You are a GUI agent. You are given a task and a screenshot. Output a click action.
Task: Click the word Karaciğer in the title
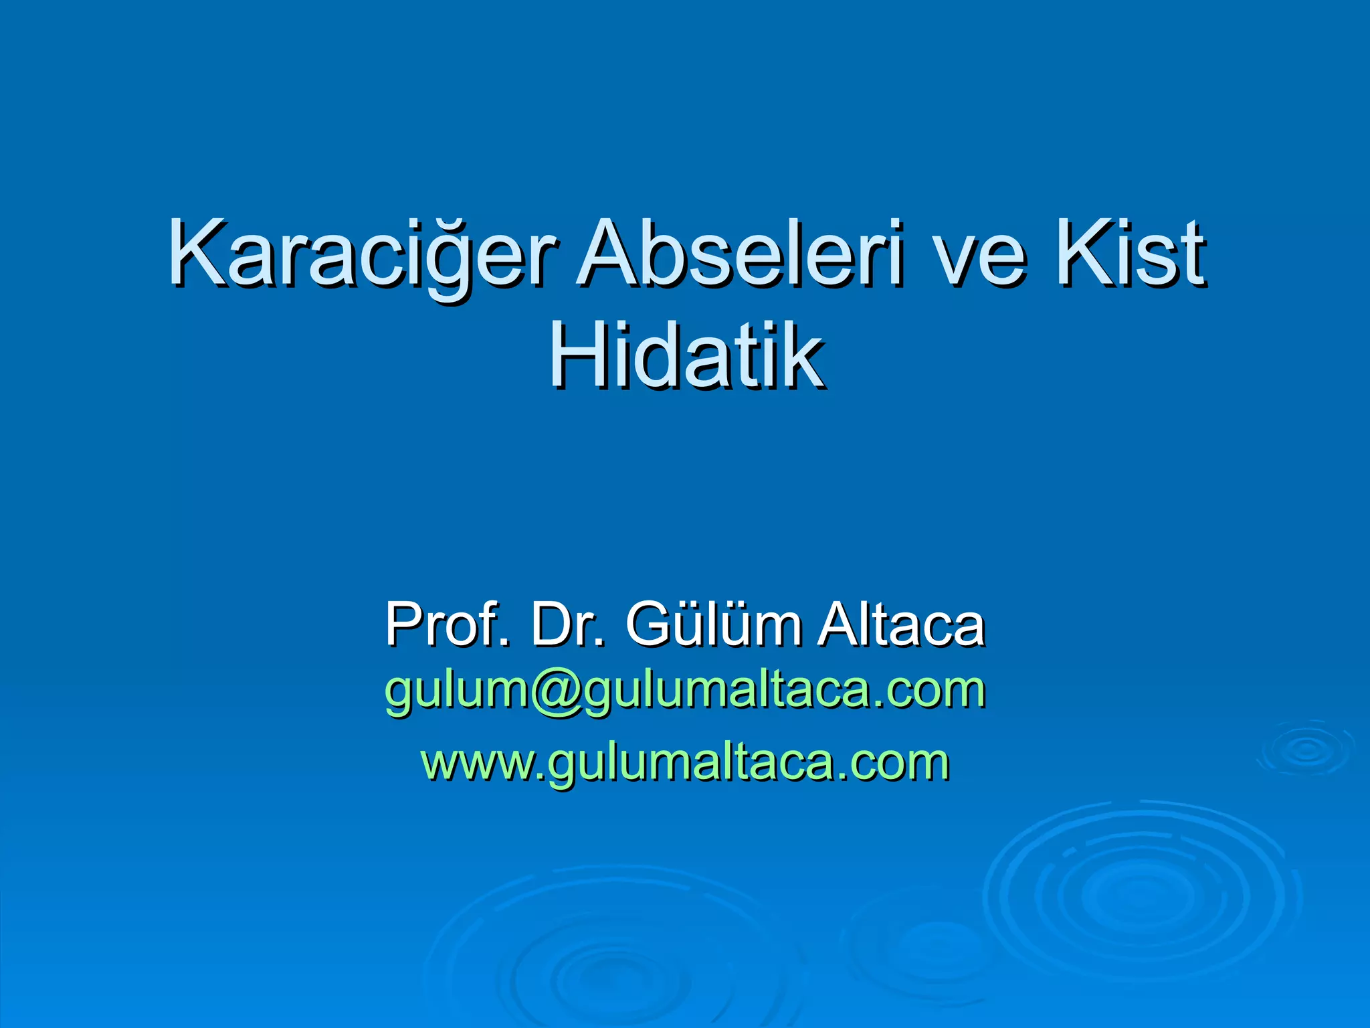click(362, 254)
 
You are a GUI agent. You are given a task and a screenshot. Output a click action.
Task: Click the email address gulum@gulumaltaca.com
click(685, 691)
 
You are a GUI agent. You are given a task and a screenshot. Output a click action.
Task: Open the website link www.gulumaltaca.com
click(685, 763)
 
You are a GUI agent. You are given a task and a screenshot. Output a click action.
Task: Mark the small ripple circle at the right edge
click(1305, 749)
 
